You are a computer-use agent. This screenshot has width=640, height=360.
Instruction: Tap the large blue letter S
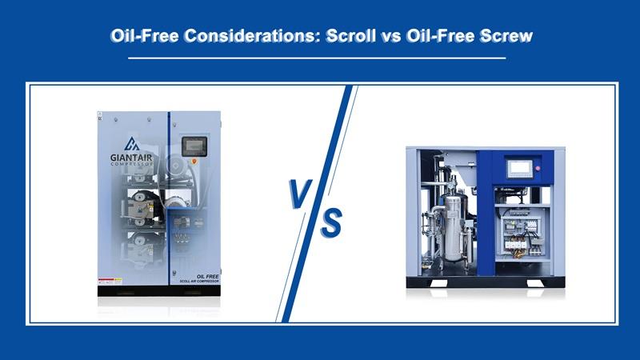click(x=330, y=222)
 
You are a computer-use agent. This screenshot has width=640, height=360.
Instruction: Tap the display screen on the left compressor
click(x=194, y=147)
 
